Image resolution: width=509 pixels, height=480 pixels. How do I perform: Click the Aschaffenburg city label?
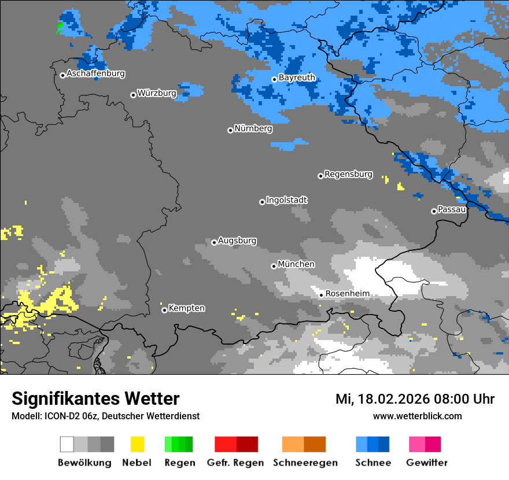pos(95,73)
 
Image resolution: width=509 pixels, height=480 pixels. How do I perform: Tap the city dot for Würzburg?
pos(133,95)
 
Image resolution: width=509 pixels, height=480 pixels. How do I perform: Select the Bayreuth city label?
pos(297,77)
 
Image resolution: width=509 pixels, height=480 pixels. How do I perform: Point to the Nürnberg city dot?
pos(230,130)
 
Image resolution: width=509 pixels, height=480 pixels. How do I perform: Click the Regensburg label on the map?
pos(348,174)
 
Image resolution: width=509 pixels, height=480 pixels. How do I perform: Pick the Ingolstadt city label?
pos(287,200)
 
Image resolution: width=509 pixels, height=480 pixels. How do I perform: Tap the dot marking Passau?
pos(434,211)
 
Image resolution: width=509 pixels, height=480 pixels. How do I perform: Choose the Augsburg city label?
pos(237,241)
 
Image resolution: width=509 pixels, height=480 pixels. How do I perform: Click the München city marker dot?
pos(274,266)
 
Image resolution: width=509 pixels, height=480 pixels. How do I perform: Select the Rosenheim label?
pos(347,294)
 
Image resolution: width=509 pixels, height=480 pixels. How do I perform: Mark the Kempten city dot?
pos(164,310)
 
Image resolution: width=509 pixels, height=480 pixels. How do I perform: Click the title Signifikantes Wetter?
pos(95,398)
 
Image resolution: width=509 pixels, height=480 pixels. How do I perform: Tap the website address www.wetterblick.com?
pos(417,416)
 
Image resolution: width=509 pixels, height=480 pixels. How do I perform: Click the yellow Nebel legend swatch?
pos(137,444)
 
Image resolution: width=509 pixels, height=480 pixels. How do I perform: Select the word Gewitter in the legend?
pos(426,463)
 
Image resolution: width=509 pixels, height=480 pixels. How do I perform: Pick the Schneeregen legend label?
pos(305,463)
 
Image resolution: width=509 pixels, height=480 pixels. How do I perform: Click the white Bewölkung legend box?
pos(67,444)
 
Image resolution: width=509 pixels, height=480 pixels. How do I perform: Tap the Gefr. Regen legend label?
pos(235,463)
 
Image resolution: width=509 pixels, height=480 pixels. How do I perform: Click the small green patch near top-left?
pos(60,26)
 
